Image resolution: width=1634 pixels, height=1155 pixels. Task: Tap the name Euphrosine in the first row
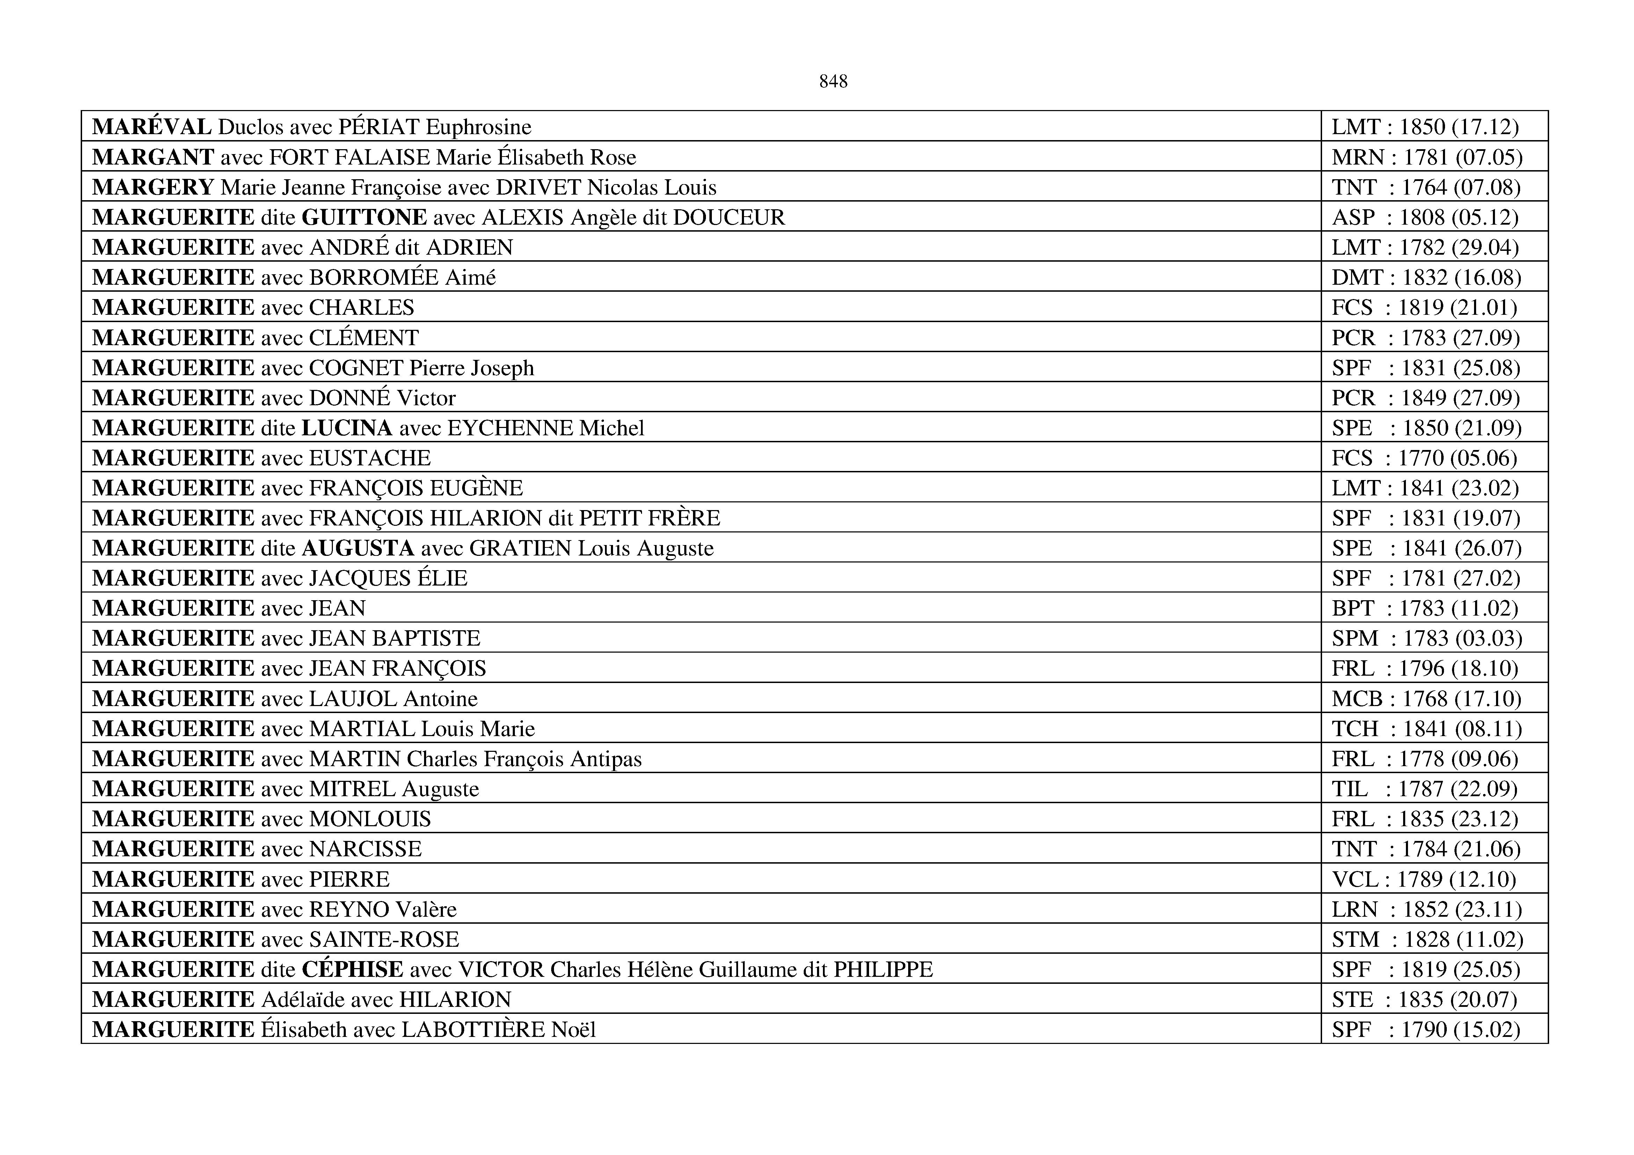478,128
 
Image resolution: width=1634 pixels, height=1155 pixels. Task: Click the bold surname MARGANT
153,157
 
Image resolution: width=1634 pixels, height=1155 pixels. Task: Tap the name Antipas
606,759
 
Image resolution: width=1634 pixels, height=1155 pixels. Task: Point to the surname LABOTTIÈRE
473,1030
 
